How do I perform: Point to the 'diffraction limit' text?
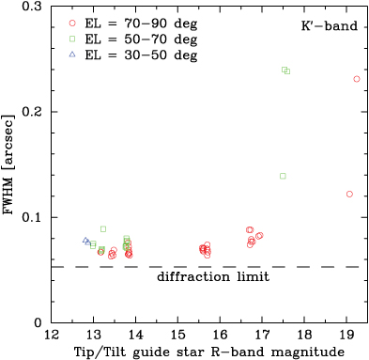pos(214,277)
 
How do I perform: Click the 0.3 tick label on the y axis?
pos(32,8)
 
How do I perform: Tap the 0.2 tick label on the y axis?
pos(32,112)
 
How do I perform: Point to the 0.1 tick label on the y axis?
pos(32,217)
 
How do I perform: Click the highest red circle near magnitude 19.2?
pos(357,79)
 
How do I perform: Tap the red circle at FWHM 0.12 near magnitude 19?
pos(349,194)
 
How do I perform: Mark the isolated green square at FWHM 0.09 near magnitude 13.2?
pos(103,228)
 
